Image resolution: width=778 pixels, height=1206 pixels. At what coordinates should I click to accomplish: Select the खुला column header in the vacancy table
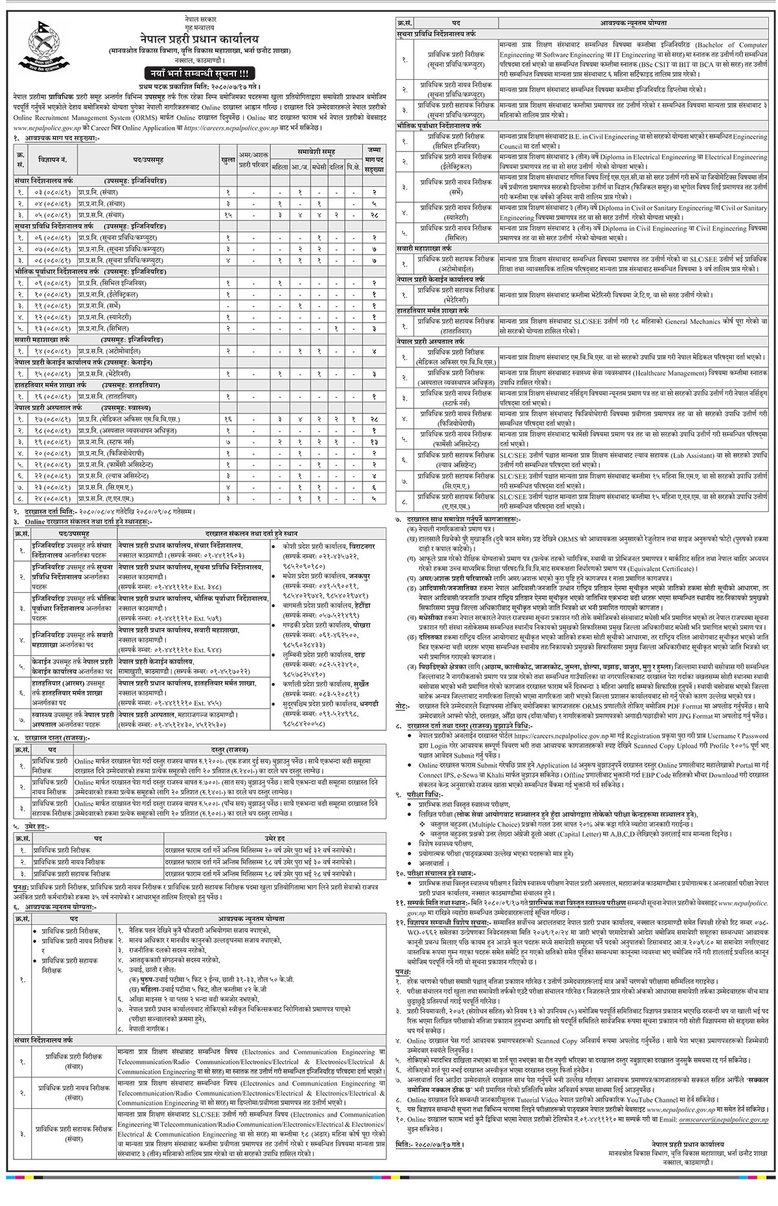click(228, 159)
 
